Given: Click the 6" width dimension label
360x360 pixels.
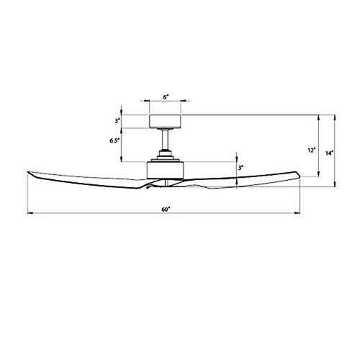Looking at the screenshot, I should point(165,96).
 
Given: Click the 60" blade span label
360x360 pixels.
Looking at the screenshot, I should point(166,210).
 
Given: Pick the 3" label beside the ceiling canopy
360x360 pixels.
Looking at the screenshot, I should point(116,120).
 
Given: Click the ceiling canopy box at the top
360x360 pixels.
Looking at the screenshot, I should point(165,120).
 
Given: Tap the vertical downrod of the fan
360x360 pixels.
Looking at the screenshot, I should point(165,138).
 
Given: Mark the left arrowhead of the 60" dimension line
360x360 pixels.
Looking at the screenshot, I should point(29,213).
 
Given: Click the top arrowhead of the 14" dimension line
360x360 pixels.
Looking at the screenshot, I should point(336,114).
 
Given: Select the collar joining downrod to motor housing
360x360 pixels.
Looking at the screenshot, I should point(165,153).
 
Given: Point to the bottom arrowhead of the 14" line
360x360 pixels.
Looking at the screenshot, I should point(336,186).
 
